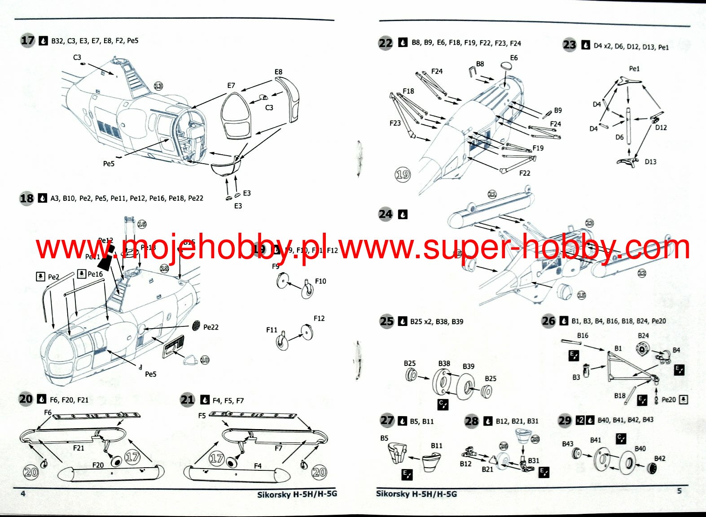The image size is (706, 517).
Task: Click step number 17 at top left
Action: (28, 40)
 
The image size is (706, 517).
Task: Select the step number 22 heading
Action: (386, 43)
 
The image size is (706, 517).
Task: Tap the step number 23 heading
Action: (570, 45)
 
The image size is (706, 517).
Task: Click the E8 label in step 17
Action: (278, 72)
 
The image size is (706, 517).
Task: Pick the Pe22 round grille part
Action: (196, 326)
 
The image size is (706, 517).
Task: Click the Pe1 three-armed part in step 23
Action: (628, 81)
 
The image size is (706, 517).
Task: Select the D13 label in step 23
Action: (650, 161)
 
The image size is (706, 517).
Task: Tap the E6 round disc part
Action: (506, 66)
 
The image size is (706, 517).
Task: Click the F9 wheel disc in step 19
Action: (283, 281)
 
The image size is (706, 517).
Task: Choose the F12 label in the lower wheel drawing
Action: (319, 318)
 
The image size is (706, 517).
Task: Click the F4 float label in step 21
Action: (258, 466)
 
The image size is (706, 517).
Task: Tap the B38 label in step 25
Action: (444, 364)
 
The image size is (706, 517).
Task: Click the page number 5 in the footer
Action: (680, 491)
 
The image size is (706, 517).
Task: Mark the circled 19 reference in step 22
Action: (403, 174)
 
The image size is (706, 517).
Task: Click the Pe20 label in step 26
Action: (668, 400)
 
